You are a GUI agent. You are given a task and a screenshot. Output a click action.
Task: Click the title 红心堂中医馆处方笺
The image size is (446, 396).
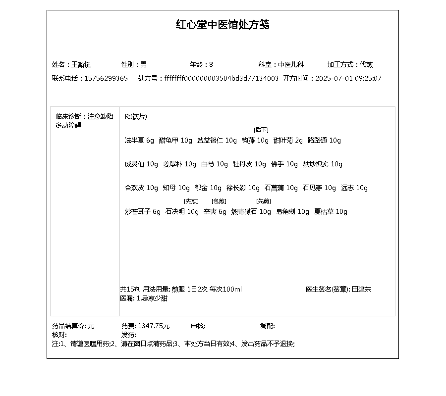point(223,25)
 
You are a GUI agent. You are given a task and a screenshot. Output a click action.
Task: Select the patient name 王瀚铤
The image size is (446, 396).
point(81,64)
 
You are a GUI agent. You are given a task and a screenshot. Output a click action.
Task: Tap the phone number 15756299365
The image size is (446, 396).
point(106,78)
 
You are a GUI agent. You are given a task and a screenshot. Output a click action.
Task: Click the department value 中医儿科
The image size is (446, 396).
point(290,64)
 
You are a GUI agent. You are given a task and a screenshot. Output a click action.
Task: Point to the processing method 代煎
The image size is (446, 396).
point(366,64)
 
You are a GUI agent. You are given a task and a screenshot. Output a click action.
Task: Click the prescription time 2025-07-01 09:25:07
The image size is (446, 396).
point(348,78)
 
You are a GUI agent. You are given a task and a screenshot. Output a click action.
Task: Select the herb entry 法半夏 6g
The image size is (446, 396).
point(139,140)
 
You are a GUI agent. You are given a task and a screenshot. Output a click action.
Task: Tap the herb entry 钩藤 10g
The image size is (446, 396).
point(255,140)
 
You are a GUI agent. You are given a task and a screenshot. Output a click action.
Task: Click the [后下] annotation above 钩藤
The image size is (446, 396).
point(261,130)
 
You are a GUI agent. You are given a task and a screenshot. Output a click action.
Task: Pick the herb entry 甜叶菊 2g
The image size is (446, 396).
point(288,140)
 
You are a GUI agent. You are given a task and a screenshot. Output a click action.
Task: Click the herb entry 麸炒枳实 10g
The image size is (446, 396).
point(322,164)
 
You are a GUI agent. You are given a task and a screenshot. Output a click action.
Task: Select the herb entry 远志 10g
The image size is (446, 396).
point(354,188)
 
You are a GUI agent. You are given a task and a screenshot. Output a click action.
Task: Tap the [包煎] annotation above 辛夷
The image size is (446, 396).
point(219,201)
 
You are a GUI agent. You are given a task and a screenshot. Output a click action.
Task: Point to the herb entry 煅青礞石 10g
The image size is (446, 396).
point(251,211)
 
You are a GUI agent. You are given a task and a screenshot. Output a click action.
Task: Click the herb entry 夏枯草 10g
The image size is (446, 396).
point(331,211)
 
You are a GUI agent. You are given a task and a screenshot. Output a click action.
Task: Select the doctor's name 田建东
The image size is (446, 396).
point(361,289)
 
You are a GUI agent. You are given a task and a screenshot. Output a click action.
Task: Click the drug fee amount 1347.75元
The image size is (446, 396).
point(154,326)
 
